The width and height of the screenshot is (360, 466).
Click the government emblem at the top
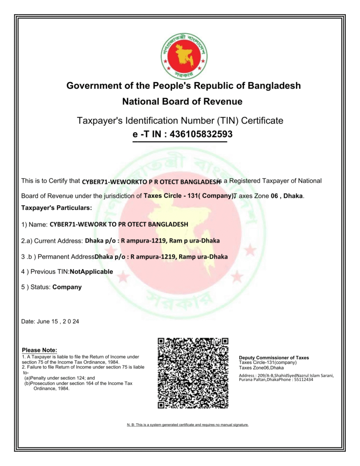(x=184, y=55)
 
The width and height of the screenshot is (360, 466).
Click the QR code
(x=193, y=373)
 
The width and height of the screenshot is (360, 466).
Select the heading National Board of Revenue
(x=182, y=101)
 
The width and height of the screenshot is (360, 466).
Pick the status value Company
(x=67, y=287)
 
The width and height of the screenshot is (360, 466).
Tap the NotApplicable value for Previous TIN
(x=91, y=272)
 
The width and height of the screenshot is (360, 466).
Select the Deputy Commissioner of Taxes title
(x=274, y=358)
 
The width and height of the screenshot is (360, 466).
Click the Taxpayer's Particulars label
(x=56, y=208)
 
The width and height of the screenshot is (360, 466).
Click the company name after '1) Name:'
(x=119, y=224)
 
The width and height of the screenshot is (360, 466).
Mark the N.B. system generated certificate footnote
(x=188, y=425)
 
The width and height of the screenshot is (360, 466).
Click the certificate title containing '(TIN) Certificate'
(x=180, y=121)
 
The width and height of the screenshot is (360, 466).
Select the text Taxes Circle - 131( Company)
(x=188, y=196)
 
